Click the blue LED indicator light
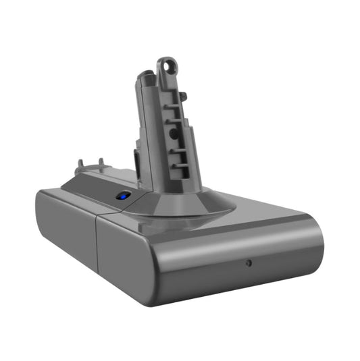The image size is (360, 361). tap(124, 196)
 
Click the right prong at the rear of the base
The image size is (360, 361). tap(101, 163)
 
